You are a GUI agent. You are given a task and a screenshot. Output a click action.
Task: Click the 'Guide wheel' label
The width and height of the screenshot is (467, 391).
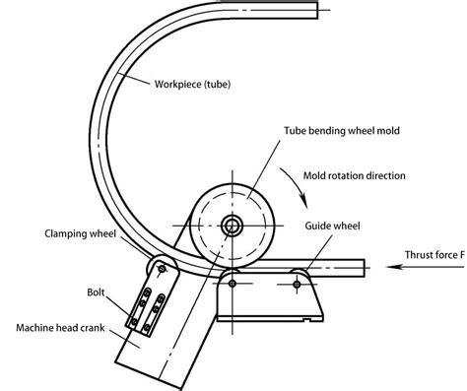[x=335, y=226]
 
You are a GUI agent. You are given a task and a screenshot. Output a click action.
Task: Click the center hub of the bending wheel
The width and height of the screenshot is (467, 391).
[x=233, y=226]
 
